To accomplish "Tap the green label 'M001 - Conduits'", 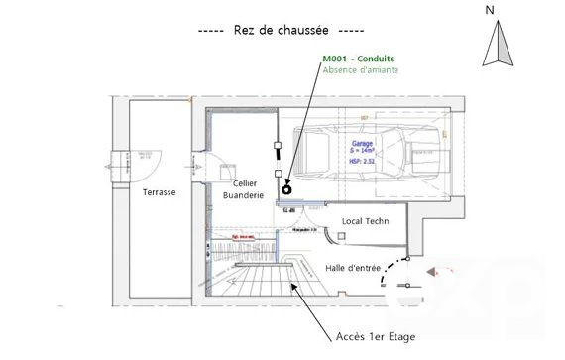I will click(x=358, y=59).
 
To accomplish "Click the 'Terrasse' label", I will click(x=159, y=191).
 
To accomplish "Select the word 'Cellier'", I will click(x=246, y=183).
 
